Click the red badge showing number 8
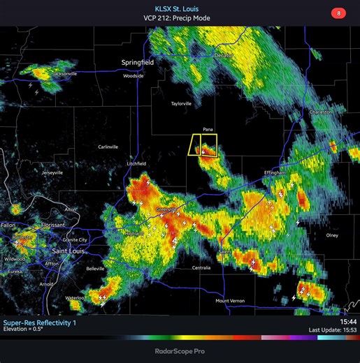coord(339,13)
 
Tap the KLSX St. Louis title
coord(181,8)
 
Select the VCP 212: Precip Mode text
coord(181,18)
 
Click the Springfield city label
coord(137,62)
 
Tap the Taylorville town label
coord(181,103)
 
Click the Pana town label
coord(208,129)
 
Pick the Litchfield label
coord(136,163)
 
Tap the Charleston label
coord(322,112)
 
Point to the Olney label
coord(331,235)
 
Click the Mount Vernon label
coord(230,301)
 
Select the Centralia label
coord(201,267)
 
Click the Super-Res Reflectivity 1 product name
coord(41,323)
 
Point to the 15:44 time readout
coord(348,322)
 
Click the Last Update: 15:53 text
coord(333,329)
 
